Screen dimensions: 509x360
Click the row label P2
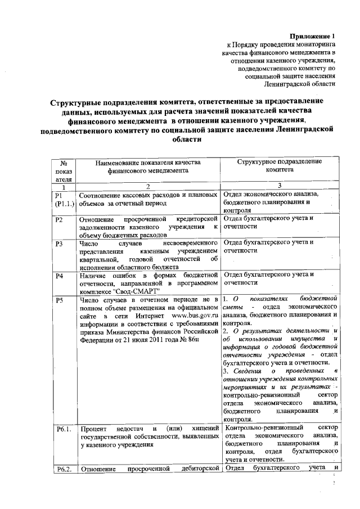pos(59,219)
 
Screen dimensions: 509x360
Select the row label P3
pos(59,244)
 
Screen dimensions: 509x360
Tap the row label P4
pos(59,276)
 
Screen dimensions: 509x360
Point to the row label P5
pos(59,300)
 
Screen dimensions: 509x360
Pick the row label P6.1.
pos(63,429)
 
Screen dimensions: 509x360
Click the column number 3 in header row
pos(280,186)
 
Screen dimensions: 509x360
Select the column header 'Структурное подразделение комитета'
pos(280,165)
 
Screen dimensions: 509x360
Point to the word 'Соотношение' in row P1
pos(103,195)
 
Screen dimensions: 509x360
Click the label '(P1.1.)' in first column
pos(64,204)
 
